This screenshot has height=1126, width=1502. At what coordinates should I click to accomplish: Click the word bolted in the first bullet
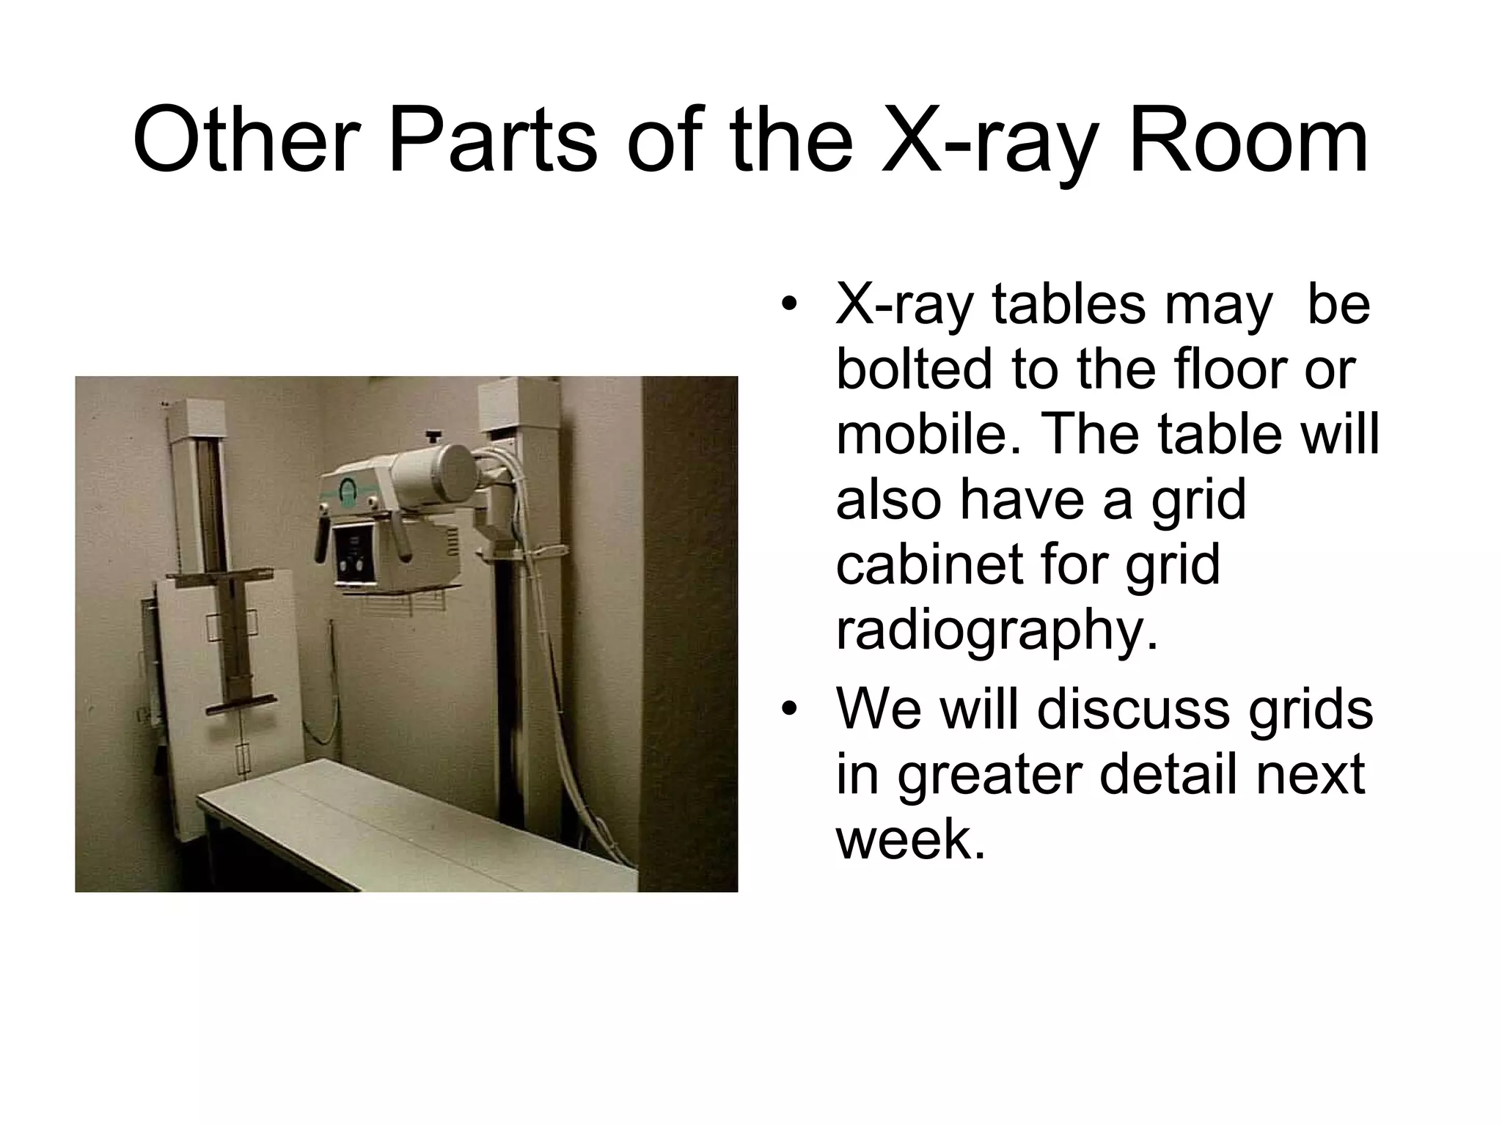click(x=913, y=369)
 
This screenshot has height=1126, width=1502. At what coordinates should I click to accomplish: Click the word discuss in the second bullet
click(x=1132, y=709)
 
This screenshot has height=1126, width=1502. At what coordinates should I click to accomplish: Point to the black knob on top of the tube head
click(x=433, y=438)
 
